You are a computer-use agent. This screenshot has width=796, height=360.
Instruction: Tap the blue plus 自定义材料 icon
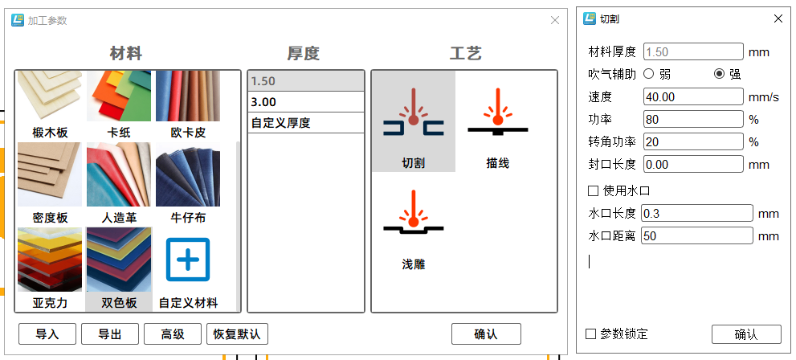pos(188,260)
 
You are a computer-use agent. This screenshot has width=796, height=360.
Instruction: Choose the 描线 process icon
pos(497,121)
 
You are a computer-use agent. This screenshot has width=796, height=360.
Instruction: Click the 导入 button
pos(47,333)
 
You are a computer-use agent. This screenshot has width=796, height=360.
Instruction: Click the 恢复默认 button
pos(237,333)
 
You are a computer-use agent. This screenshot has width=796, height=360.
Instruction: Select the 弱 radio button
pos(648,74)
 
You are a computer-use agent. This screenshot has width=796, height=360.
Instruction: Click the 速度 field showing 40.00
pos(693,96)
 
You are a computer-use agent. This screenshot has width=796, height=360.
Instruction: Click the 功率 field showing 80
pos(693,119)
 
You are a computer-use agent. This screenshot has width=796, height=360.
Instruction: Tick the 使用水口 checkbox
pos(594,190)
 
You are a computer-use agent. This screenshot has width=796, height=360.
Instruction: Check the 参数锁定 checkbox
pos(591,333)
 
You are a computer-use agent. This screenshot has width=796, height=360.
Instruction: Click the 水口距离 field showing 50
pos(696,235)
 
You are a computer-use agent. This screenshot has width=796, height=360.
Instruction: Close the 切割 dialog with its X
pos(778,18)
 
